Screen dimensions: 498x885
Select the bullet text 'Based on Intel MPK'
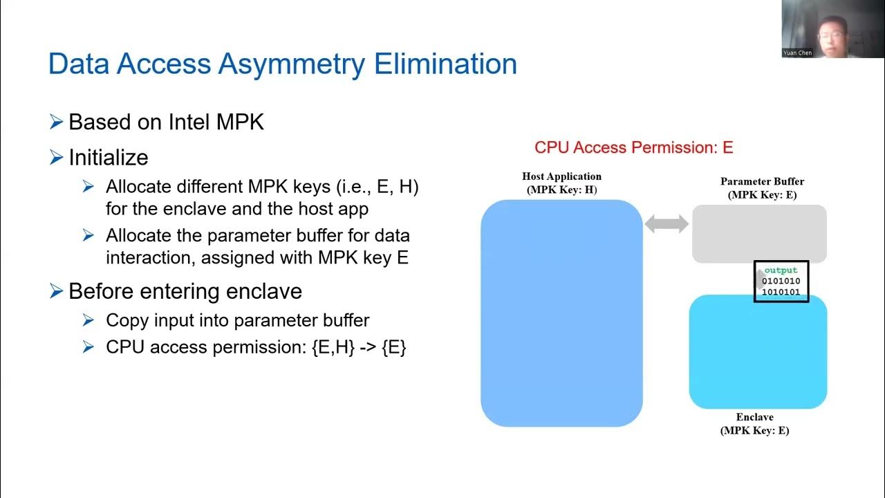coord(166,122)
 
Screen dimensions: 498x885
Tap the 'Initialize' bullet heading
coord(109,158)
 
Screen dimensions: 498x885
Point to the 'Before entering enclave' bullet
coord(185,291)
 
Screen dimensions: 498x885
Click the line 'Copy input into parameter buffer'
coord(238,320)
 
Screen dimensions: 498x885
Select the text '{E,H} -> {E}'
coord(359,347)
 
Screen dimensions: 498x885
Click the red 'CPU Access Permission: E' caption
coord(633,147)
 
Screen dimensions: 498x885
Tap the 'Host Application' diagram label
coord(561,176)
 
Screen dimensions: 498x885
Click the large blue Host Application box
coord(561,313)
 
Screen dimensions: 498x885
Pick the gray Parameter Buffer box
coord(759,233)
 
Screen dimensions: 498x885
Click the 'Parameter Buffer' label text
coord(762,182)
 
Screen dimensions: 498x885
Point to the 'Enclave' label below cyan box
coord(754,417)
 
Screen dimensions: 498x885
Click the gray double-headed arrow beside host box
coord(667,223)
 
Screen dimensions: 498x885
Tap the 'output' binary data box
coord(781,282)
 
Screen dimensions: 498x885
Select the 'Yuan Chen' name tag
coord(798,53)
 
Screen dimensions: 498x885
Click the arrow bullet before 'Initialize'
coord(57,158)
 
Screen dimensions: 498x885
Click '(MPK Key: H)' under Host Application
coord(561,190)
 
